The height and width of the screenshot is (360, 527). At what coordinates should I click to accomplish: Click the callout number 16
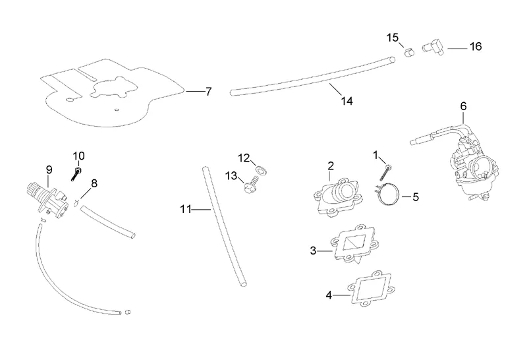pyautogui.click(x=476, y=46)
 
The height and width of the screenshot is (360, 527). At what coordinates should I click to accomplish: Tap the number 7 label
pyautogui.click(x=209, y=92)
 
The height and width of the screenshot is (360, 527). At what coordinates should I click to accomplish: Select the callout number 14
pyautogui.click(x=347, y=101)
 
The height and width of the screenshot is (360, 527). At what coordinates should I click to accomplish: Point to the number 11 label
pyautogui.click(x=186, y=209)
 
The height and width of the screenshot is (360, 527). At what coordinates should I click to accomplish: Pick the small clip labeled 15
pyautogui.click(x=409, y=53)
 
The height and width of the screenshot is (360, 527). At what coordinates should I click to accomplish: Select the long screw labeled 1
pyautogui.click(x=385, y=173)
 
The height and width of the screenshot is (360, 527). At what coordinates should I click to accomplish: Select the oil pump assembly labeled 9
pyautogui.click(x=47, y=200)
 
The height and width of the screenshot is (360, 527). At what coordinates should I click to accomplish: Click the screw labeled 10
pyautogui.click(x=76, y=173)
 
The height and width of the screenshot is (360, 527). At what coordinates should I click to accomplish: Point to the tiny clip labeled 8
pyautogui.click(x=76, y=202)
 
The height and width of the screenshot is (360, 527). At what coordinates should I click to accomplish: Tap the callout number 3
pyautogui.click(x=313, y=251)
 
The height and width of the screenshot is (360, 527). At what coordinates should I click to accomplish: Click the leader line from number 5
pyautogui.click(x=406, y=197)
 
